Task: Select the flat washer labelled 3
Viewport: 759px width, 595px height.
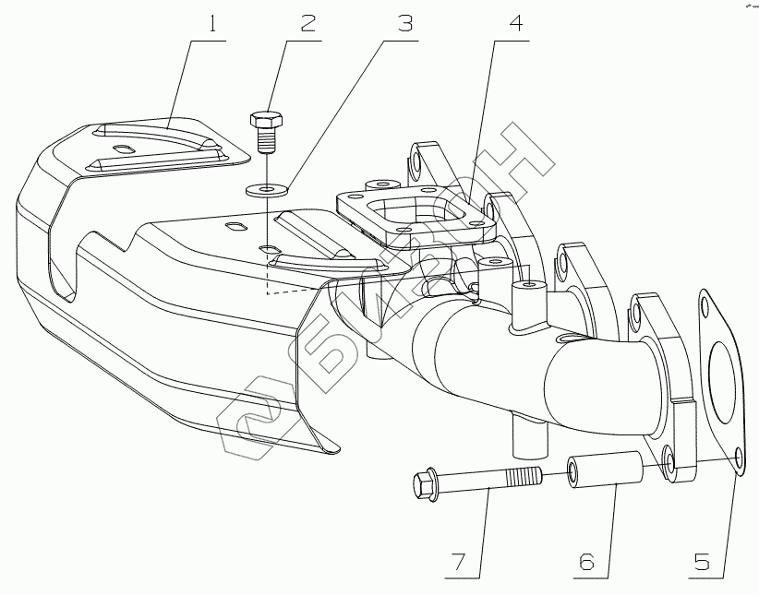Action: [268, 190]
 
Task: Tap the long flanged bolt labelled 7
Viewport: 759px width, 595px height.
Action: [480, 481]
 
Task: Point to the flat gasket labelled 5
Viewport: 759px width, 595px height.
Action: [720, 387]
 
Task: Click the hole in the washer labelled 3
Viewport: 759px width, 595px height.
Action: [268, 190]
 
